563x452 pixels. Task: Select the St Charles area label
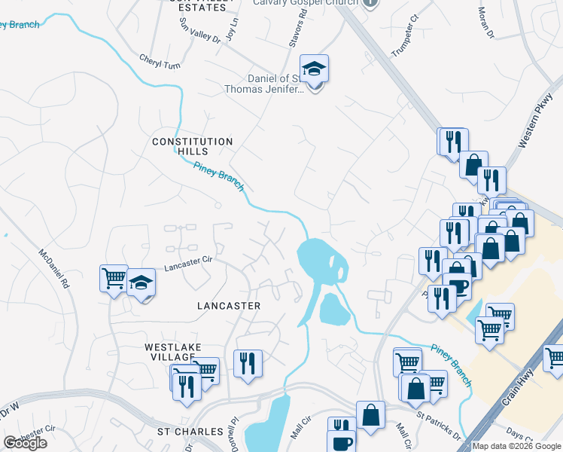point(190,432)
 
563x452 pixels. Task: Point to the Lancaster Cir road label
point(190,263)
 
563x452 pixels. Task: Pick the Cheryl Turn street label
point(160,62)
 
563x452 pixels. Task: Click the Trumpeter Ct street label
point(403,44)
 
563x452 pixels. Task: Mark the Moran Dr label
point(486,23)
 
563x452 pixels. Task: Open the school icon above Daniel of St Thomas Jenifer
point(314,69)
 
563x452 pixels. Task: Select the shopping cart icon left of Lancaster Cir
point(114,278)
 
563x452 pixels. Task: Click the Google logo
point(25,443)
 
